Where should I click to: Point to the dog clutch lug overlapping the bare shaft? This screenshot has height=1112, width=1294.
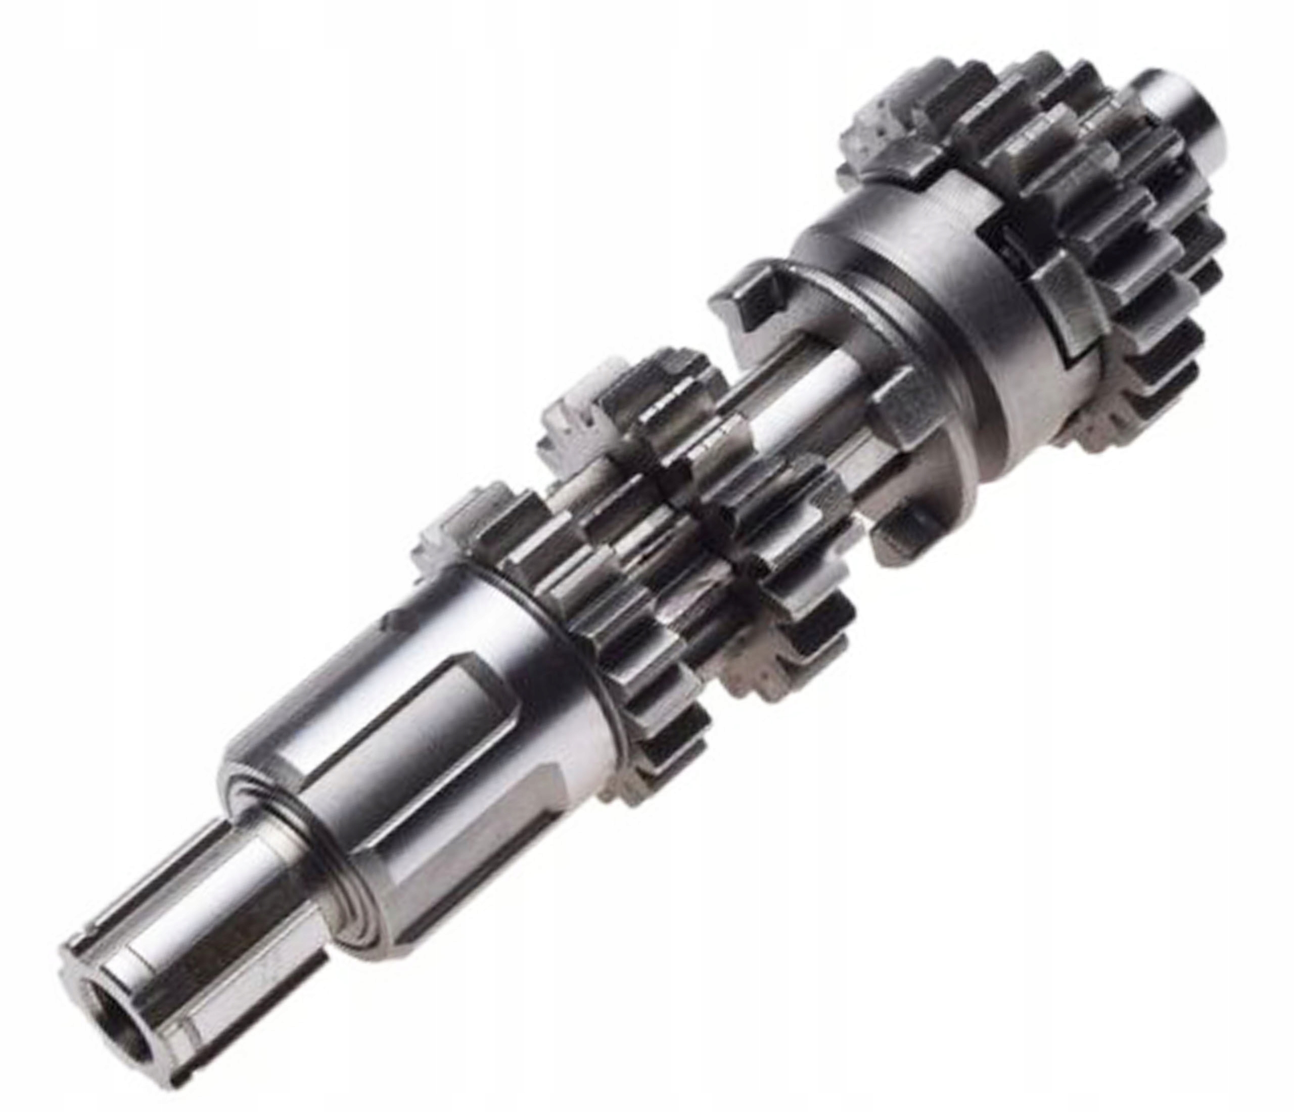click(899, 412)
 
